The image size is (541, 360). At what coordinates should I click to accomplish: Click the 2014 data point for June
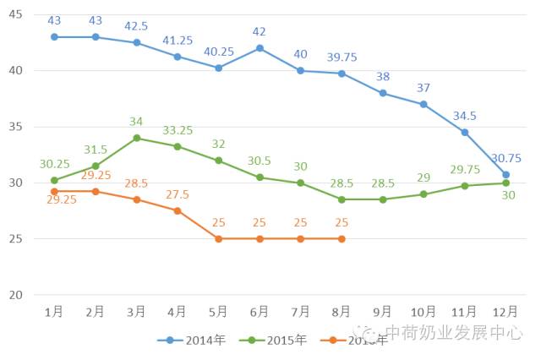260,48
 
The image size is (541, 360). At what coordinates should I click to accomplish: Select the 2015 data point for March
136,138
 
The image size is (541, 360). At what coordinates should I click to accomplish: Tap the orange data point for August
342,239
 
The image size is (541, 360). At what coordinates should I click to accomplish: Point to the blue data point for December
505,175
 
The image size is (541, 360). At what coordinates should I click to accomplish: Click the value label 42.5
136,26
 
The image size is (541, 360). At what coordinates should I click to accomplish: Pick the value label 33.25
177,130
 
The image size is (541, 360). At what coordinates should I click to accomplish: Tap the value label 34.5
465,115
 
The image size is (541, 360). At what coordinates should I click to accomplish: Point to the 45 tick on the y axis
15,14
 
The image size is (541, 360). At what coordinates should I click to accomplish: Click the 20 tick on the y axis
15,295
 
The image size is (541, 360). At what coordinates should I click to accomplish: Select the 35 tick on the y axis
15,127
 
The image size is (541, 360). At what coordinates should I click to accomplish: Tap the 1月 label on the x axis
54,312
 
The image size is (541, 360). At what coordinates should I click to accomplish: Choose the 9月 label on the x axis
383,312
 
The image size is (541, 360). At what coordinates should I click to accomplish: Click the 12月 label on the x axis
505,312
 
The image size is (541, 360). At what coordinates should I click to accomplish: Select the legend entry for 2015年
280,340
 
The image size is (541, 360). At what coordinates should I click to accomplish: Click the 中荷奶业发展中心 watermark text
453,333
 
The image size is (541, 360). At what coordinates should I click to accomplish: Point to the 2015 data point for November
465,186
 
